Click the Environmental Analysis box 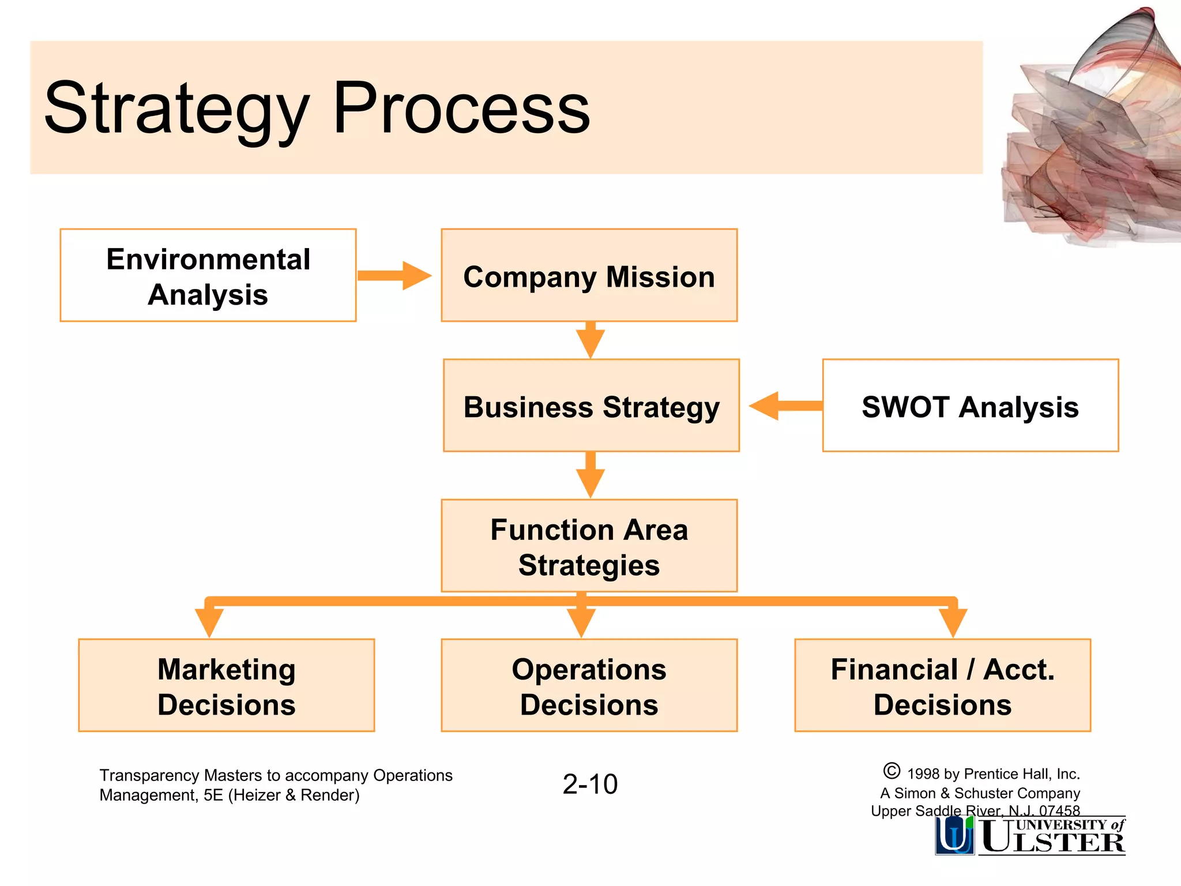coord(208,275)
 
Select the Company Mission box coord(589,275)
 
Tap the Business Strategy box coord(591,406)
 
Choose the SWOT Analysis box coord(970,406)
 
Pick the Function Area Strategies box coord(589,546)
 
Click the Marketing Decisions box coord(226,685)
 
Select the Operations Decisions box coord(589,685)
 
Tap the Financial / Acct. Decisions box coord(942,685)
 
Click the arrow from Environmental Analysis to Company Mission coord(394,276)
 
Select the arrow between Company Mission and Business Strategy coord(590,340)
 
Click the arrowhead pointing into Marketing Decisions coord(209,622)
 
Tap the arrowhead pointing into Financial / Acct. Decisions coord(953,622)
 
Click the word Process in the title coord(461,108)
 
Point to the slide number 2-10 coord(590,784)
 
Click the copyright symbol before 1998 coord(892,771)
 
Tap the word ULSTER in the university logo coord(1053,842)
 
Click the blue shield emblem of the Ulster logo coord(954,835)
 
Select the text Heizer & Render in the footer coord(294,795)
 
